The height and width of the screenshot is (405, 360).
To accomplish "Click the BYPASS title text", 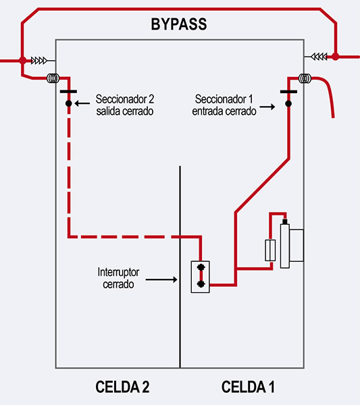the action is point(179,24).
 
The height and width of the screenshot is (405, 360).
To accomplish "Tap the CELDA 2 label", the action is point(122,387).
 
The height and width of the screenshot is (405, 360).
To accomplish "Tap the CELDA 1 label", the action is point(248,387).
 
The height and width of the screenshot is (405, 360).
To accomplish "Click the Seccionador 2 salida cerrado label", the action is point(125,105).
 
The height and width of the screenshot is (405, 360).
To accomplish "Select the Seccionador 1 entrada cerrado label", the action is point(224,105).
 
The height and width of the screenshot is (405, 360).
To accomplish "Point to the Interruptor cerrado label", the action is point(118,278).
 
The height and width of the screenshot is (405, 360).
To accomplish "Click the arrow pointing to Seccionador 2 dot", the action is point(82,103).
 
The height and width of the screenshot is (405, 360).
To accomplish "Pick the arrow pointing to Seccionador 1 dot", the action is point(267,107).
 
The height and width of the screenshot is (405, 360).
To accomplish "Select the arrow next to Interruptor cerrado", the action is point(161,279).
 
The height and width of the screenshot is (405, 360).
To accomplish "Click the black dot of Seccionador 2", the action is point(68,103).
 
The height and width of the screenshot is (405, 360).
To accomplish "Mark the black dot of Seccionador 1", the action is point(288,103).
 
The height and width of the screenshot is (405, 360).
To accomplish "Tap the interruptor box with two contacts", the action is point(201,277).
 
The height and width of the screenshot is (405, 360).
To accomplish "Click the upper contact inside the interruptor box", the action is point(201,267).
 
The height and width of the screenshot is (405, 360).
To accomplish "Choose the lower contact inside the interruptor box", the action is point(201,284).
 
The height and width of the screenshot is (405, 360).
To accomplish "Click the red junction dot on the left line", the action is point(23,61).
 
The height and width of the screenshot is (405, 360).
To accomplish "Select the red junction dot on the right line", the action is point(335,56).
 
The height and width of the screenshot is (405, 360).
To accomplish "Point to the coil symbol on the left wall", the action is point(53,78).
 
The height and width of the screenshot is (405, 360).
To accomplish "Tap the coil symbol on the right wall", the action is point(305,78).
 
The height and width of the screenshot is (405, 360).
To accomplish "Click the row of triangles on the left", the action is point(39,61).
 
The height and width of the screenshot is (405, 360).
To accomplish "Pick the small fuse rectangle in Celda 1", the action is point(270,250).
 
